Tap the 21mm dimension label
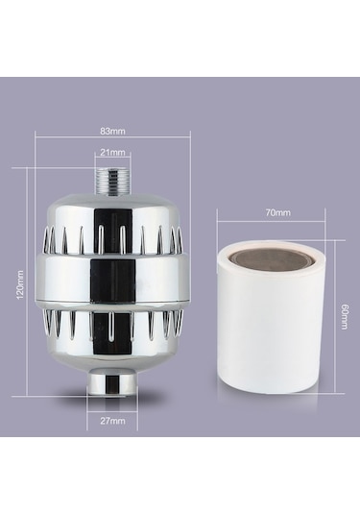(x=112, y=152)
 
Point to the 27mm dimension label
(x=113, y=421)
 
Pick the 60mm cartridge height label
(x=343, y=316)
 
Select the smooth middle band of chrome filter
(x=113, y=279)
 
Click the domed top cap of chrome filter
(x=113, y=204)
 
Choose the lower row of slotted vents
(x=113, y=325)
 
